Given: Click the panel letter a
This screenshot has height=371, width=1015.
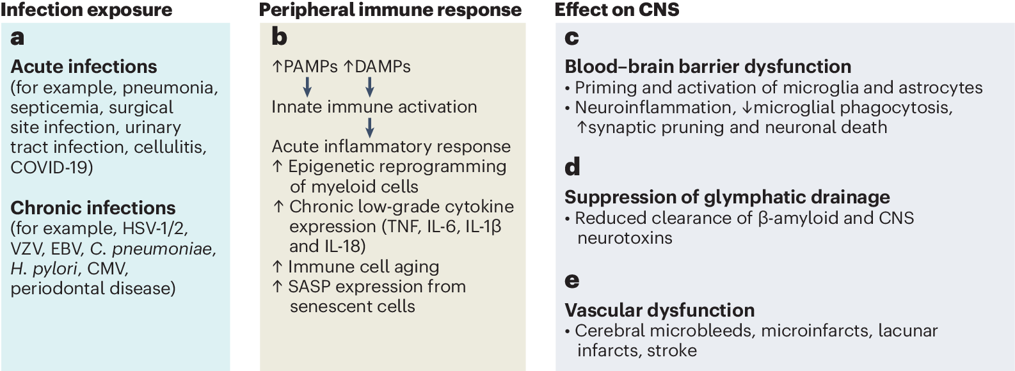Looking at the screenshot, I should [x=18, y=38].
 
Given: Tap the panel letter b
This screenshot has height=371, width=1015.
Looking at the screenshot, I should [x=279, y=37].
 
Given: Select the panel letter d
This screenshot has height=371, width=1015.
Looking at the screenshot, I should [x=572, y=168].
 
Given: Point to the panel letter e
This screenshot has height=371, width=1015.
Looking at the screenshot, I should [x=572, y=280].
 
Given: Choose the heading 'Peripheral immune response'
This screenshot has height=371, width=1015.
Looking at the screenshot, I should [x=390, y=10].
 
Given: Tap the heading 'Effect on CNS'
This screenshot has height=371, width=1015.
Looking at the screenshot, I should [x=616, y=10].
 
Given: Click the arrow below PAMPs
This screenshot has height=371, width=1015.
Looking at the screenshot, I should [x=307, y=86].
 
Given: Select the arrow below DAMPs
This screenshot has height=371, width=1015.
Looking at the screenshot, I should [x=369, y=86].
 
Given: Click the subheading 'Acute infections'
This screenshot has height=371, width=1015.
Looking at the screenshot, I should [x=84, y=67].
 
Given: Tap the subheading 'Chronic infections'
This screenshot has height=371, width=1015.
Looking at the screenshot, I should [x=93, y=208].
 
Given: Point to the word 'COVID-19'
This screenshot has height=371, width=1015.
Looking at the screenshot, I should [x=49, y=168].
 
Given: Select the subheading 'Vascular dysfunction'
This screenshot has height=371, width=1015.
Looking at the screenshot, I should [x=659, y=310].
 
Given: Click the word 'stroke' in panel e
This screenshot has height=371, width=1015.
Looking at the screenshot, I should [x=672, y=351].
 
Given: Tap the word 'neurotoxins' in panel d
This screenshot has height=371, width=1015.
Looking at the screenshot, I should [x=625, y=238].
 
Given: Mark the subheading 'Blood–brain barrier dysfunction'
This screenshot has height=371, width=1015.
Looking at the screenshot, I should [x=708, y=67].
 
